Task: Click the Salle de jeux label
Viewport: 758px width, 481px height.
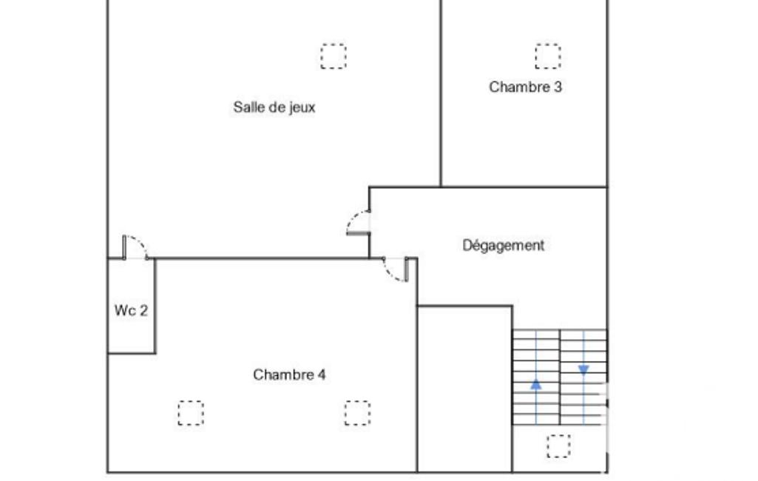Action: tap(274, 107)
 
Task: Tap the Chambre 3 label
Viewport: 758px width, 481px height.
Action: tap(525, 87)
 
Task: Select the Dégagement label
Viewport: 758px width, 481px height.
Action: tap(504, 246)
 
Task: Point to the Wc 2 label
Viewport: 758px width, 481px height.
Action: tap(131, 310)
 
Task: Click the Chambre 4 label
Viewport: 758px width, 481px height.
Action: tap(289, 374)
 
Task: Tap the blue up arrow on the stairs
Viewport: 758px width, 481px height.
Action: tap(536, 385)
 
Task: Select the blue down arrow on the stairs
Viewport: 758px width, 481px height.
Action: tap(583, 370)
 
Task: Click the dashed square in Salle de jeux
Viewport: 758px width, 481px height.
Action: tap(334, 56)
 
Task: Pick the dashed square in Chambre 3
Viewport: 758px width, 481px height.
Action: tap(548, 56)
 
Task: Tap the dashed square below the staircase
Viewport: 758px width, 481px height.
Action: tap(559, 445)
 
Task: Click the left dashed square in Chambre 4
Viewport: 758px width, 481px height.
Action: tap(191, 413)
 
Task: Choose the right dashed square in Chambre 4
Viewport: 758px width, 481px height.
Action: tap(358, 413)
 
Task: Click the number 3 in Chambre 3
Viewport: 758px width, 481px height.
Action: tap(558, 87)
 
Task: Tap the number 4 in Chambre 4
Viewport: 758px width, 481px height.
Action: tap(322, 374)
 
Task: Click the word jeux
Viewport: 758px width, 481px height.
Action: tap(302, 108)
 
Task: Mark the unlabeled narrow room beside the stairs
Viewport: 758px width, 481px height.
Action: tap(464, 388)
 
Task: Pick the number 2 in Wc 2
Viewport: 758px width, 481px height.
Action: tap(143, 310)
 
